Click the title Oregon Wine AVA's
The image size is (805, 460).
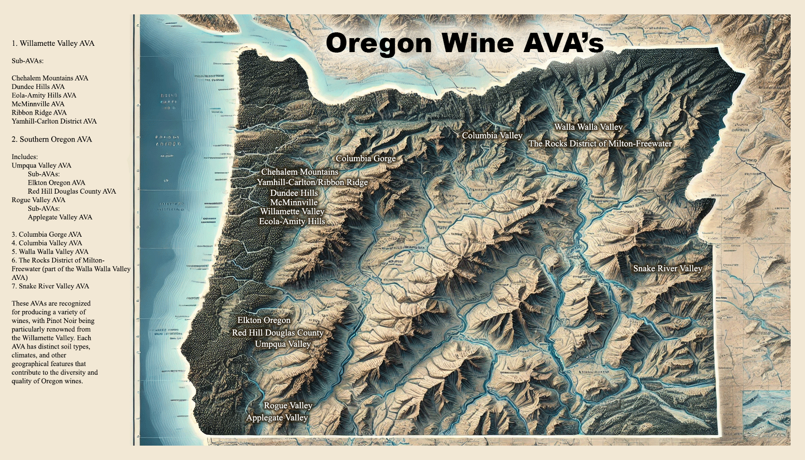464,43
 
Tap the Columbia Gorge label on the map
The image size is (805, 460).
366,159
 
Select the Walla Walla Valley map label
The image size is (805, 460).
588,127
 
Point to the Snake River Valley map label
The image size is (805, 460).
668,269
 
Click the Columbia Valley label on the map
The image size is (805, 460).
492,136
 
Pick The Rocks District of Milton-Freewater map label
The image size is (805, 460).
600,144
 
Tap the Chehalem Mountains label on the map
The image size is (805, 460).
300,172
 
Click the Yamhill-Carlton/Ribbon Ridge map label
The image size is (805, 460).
312,182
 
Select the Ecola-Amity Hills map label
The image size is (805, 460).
292,221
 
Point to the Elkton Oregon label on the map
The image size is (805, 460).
264,320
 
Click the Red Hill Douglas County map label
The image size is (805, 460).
278,333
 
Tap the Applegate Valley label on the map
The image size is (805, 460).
277,418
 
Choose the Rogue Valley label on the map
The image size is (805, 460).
288,406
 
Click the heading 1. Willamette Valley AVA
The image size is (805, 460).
53,44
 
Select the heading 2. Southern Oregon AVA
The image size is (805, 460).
52,139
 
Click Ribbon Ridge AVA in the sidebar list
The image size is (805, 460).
39,113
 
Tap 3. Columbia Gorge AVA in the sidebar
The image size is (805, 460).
47,234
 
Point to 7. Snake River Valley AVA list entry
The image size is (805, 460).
50,286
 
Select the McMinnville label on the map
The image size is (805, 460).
294,203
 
